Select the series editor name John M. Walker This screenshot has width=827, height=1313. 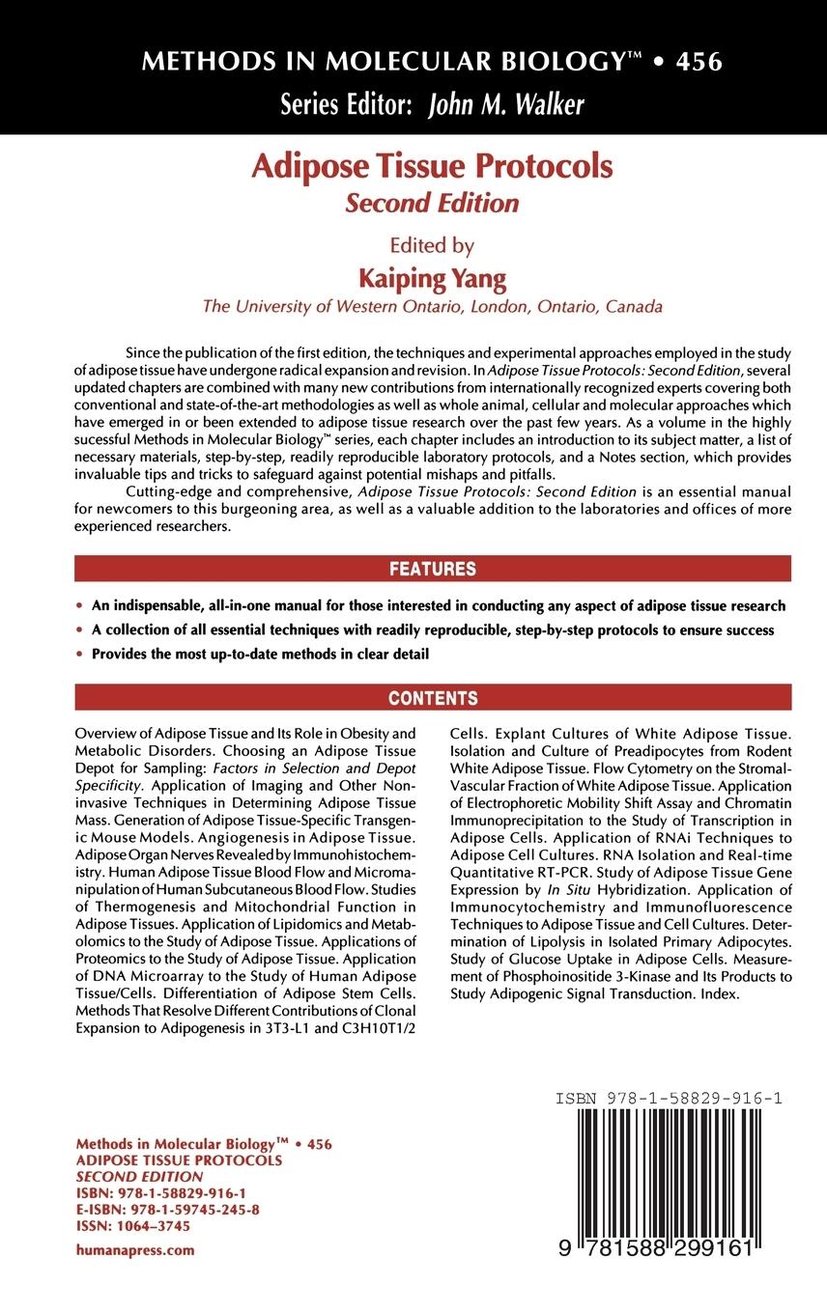pos(505,105)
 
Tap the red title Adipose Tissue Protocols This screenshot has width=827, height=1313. pos(432,166)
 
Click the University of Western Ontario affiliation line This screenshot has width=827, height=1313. pos(432,307)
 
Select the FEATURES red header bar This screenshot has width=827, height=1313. pos(432,569)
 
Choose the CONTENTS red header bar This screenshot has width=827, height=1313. pos(432,697)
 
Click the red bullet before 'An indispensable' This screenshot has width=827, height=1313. pos(79,606)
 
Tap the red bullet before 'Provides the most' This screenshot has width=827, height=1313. pos(79,655)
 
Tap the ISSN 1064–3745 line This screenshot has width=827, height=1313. pos(132,1225)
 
